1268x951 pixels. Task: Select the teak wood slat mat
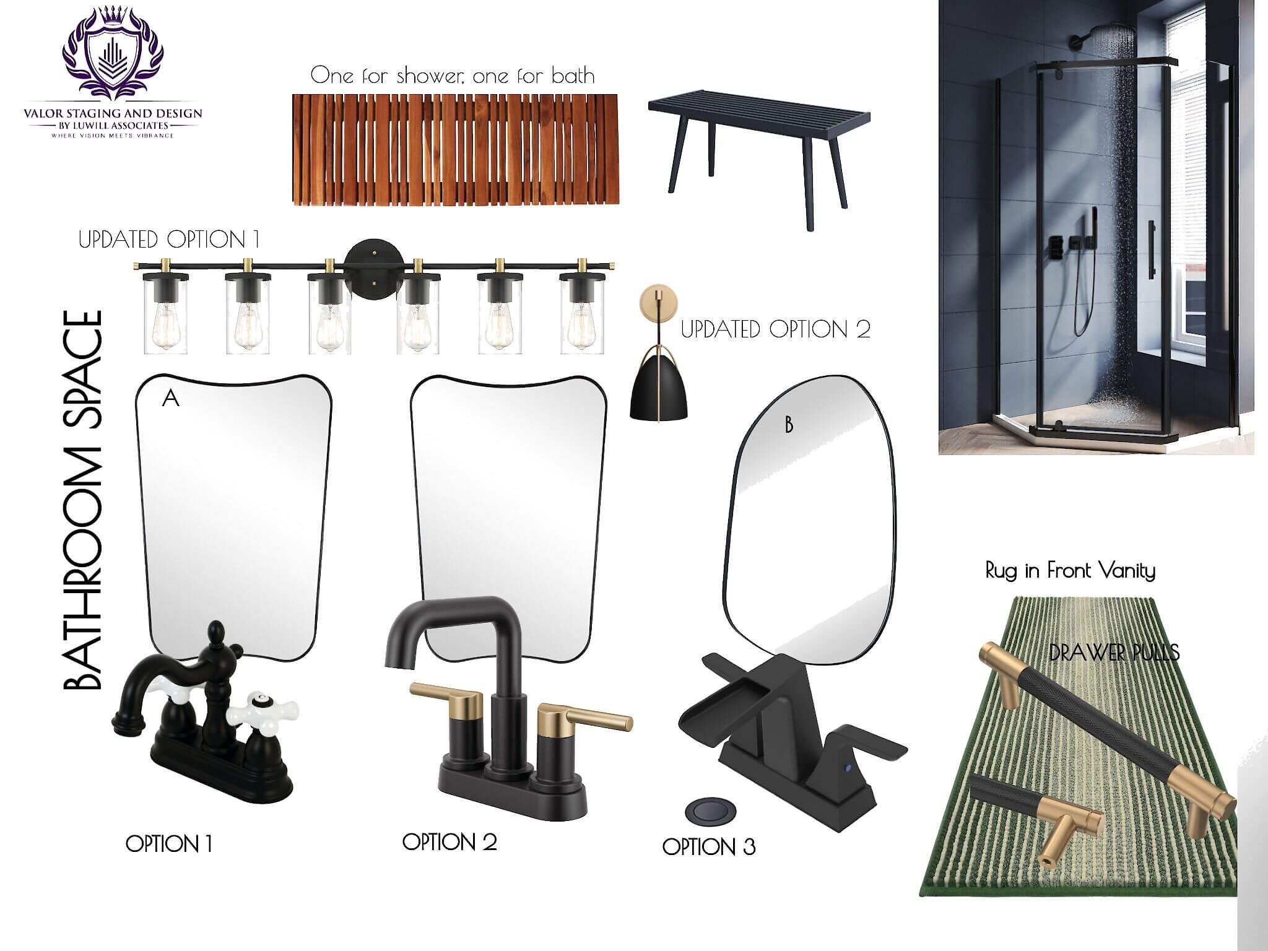(x=455, y=149)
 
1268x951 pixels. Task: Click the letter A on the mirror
(x=170, y=399)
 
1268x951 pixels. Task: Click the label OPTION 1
(x=169, y=843)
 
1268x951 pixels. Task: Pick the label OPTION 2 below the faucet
(x=449, y=841)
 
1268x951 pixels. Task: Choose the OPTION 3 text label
(x=709, y=846)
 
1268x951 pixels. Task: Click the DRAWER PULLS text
(x=1114, y=652)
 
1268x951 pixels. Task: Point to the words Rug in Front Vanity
(x=1070, y=570)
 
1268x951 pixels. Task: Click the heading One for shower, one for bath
(x=453, y=76)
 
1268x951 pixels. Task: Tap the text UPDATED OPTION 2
(x=776, y=329)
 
